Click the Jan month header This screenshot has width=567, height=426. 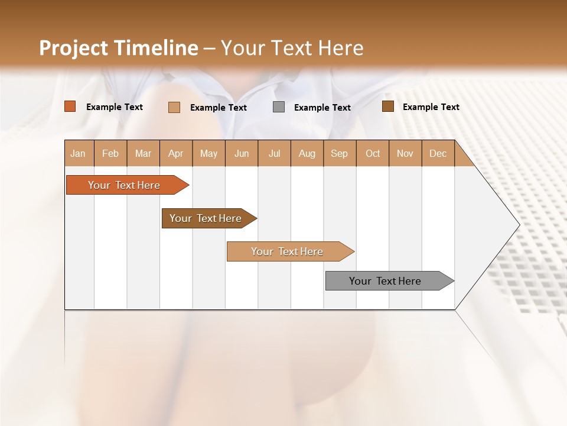coord(79,153)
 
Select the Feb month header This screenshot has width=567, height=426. coord(110,153)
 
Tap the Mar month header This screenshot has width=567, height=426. coord(143,153)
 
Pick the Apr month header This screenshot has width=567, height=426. coord(176,153)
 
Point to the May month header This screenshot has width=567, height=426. coord(208,153)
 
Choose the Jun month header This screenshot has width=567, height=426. coord(242,153)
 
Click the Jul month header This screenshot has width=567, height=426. coord(274,153)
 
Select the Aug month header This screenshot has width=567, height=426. coord(307,153)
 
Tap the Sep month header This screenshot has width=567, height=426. coord(340,153)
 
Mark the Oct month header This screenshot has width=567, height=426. coord(373,153)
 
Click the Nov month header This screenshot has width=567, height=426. coord(405,153)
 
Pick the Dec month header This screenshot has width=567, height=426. coord(438,153)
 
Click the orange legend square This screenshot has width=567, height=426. coord(70,106)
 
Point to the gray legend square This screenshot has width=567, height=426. coord(279,106)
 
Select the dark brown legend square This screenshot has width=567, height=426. coord(388,106)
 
